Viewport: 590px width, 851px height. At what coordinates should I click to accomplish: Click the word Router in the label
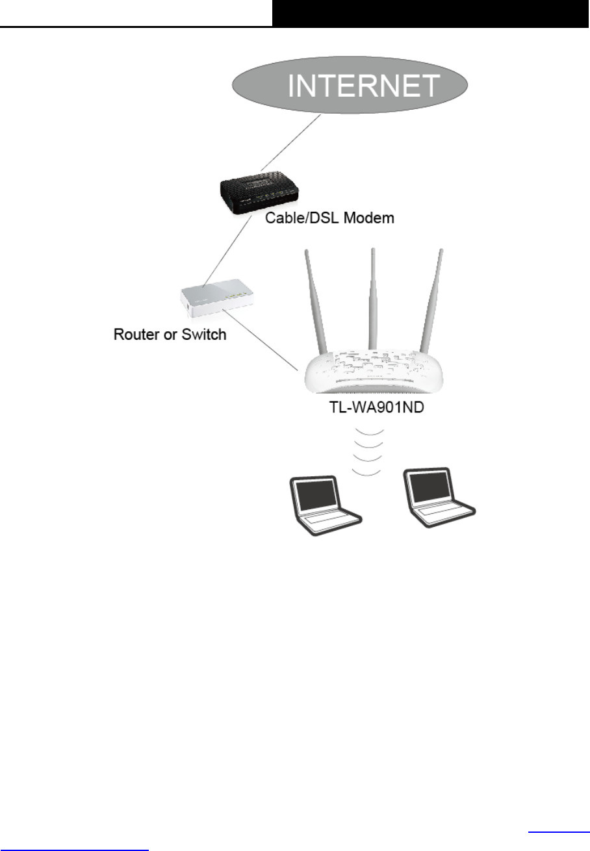click(x=137, y=336)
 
